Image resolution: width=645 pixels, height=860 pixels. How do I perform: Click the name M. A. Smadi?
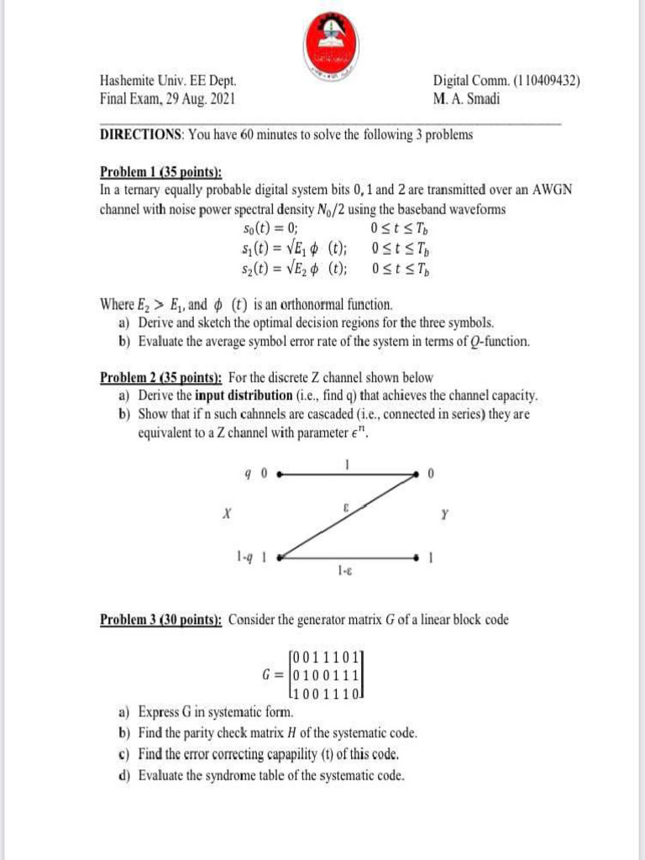[464, 97]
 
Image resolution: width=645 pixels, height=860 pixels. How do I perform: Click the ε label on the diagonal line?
[346, 507]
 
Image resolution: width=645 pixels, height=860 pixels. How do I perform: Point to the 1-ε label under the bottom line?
[344, 571]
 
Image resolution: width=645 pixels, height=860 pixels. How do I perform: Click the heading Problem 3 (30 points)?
[160, 620]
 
